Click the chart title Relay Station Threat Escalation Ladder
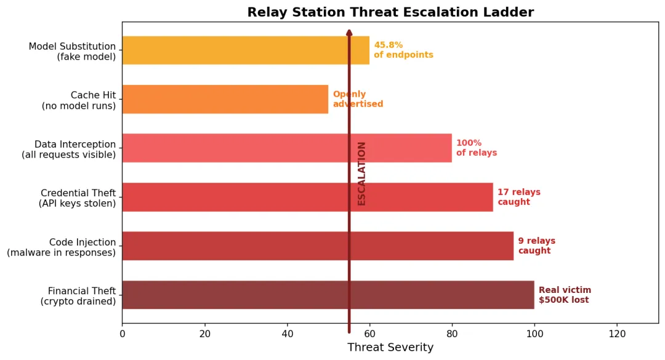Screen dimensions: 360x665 click(x=390, y=12)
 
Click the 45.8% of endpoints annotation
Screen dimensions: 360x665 click(x=403, y=50)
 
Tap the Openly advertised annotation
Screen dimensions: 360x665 click(x=358, y=99)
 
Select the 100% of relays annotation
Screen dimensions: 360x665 click(x=476, y=148)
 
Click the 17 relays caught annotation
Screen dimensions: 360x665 click(x=518, y=197)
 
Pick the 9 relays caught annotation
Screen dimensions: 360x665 click(x=536, y=246)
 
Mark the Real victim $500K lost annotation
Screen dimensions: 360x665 click(x=565, y=295)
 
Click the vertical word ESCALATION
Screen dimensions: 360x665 click(x=361, y=174)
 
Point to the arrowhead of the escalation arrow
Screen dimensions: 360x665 click(x=349, y=33)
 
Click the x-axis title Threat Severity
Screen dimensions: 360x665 click(x=390, y=348)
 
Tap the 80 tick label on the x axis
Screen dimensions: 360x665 click(x=452, y=334)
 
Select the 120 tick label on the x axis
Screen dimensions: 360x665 click(x=617, y=334)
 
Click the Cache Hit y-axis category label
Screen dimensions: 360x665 click(x=78, y=100)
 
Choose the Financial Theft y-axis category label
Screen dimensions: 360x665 click(x=78, y=296)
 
